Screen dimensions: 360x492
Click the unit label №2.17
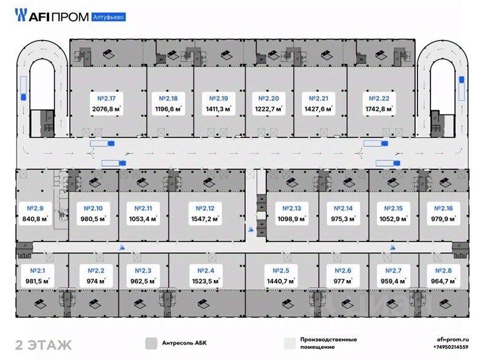coord(107,98)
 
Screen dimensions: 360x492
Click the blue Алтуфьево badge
coord(108,17)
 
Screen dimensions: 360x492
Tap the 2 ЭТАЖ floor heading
coord(43,343)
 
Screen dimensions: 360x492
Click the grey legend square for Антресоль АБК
coord(149,343)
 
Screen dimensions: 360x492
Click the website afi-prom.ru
coord(453,339)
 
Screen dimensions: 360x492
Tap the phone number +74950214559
coord(452,348)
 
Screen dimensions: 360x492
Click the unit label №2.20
coord(267,98)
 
